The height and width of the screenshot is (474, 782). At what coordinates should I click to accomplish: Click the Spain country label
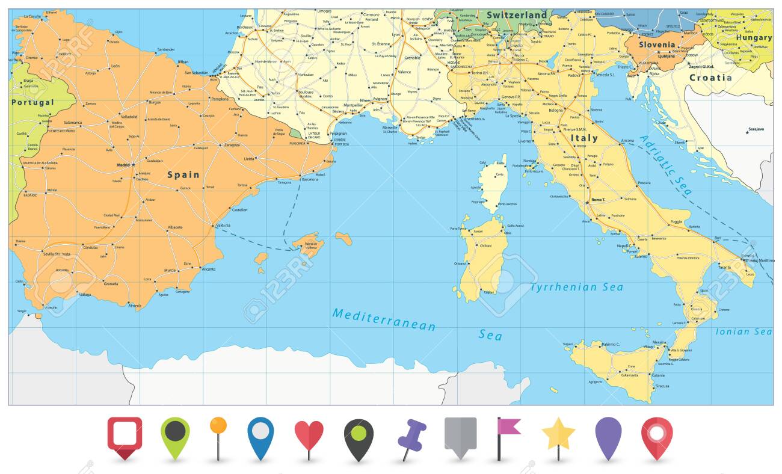[183, 175]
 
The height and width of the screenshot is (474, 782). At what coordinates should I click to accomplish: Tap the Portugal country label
[32, 102]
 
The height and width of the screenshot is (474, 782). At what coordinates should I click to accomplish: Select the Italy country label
[583, 138]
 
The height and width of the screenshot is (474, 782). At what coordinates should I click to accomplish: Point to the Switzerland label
[517, 15]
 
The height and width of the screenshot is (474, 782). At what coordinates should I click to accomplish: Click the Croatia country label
[710, 78]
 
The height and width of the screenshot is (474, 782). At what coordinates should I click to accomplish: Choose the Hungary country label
[754, 37]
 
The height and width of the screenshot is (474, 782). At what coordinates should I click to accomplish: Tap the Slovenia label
[657, 45]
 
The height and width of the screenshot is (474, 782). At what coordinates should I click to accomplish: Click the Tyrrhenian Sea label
[576, 288]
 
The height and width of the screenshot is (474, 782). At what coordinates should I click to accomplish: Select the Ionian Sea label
[744, 331]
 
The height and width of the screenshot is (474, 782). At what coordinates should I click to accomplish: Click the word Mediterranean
[384, 319]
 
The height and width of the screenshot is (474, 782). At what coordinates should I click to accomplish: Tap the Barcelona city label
[310, 179]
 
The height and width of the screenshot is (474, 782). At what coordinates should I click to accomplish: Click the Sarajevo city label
[757, 129]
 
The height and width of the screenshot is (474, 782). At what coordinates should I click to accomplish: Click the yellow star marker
[558, 434]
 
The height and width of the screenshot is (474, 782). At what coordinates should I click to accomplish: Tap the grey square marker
[460, 434]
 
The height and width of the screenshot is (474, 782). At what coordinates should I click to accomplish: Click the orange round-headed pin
[218, 426]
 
